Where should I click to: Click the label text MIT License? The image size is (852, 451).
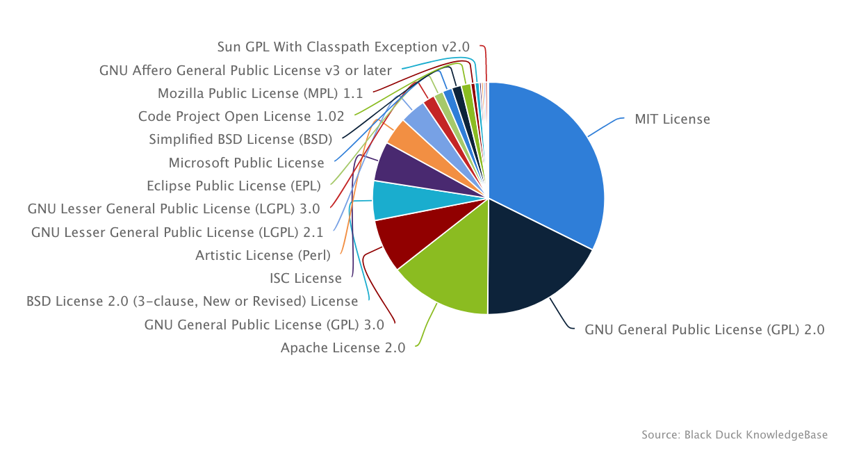(672, 120)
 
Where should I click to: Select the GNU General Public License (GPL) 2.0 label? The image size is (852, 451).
(704, 329)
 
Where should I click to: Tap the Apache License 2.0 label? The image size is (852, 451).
(343, 348)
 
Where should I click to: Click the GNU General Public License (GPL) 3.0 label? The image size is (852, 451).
(264, 325)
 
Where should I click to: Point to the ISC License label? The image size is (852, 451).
(306, 279)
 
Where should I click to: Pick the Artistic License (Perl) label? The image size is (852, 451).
(263, 255)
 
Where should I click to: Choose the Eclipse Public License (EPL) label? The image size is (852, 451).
(234, 186)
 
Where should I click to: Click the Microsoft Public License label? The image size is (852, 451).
(247, 163)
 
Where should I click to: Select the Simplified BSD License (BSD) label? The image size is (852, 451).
(240, 139)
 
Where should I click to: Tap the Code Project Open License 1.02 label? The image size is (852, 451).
(241, 116)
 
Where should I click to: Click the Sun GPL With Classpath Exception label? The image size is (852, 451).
(343, 47)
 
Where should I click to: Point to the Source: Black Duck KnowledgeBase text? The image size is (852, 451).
(735, 435)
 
